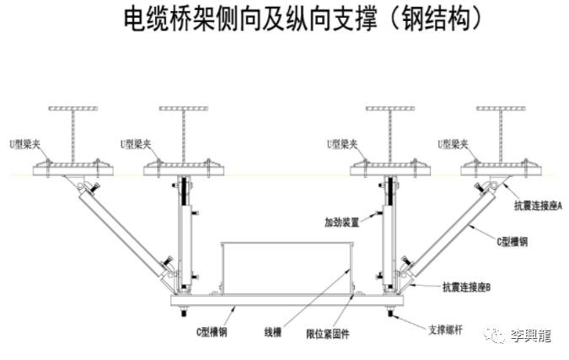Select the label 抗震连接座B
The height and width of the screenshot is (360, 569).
pyautogui.click(x=472, y=288)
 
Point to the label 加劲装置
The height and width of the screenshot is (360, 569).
pyautogui.click(x=343, y=223)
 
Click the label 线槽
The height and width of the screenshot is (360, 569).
pyautogui.click(x=271, y=331)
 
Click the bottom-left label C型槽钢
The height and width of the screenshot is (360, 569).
pyautogui.click(x=211, y=331)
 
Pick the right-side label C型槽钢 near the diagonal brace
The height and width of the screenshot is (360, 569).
pyautogui.click(x=512, y=241)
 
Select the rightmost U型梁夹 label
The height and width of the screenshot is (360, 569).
pyautogui.click(x=453, y=144)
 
